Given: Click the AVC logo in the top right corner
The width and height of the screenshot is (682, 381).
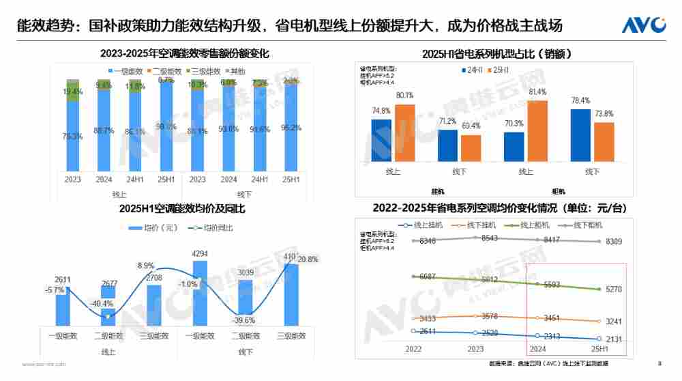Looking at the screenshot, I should point(643,25).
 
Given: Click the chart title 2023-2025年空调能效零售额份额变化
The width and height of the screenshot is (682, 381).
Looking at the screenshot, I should point(175,53).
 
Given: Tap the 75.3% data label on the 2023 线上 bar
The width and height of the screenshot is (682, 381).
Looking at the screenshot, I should point(73,137).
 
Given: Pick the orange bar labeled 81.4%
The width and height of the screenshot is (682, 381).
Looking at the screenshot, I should point(537,130).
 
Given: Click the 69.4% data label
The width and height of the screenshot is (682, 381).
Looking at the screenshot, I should point(471,126).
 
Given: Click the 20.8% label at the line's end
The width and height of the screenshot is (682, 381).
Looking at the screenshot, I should point(307,259).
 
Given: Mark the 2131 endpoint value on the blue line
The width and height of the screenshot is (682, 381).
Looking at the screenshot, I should point(614,339).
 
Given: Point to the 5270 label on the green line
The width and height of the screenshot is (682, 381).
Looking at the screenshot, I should point(614,290).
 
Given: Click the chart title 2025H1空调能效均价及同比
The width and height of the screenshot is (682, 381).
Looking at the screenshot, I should point(173,208).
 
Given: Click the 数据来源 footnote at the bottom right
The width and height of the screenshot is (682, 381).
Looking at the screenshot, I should point(550,364).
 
